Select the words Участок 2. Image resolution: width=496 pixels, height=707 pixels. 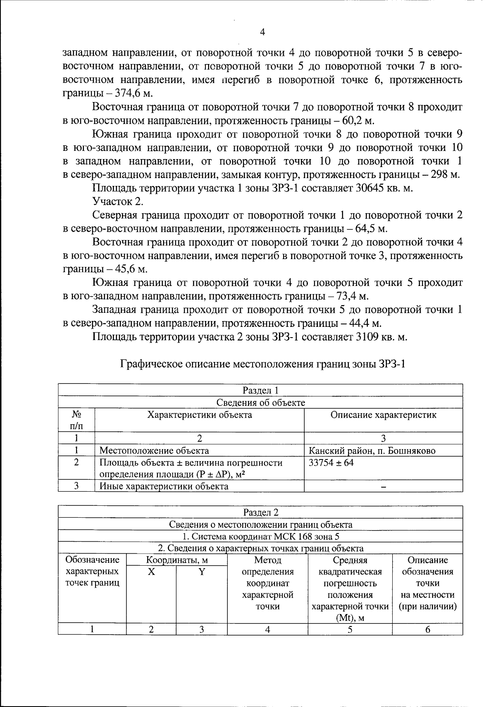point(118,201)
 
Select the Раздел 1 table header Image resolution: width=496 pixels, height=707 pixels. point(260,390)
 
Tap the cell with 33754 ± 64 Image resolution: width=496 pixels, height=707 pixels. point(331,463)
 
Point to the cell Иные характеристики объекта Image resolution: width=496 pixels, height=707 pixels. point(164,486)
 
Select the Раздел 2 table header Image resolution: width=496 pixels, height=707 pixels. point(260,512)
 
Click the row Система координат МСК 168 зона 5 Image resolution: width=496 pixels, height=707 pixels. point(260,537)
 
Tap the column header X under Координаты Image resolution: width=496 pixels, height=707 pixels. point(151,572)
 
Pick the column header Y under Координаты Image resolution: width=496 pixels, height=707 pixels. point(201,572)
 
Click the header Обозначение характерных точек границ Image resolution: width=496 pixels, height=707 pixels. point(93,571)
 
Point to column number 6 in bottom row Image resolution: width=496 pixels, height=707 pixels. point(427,630)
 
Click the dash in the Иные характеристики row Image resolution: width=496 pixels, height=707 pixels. point(383,487)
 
